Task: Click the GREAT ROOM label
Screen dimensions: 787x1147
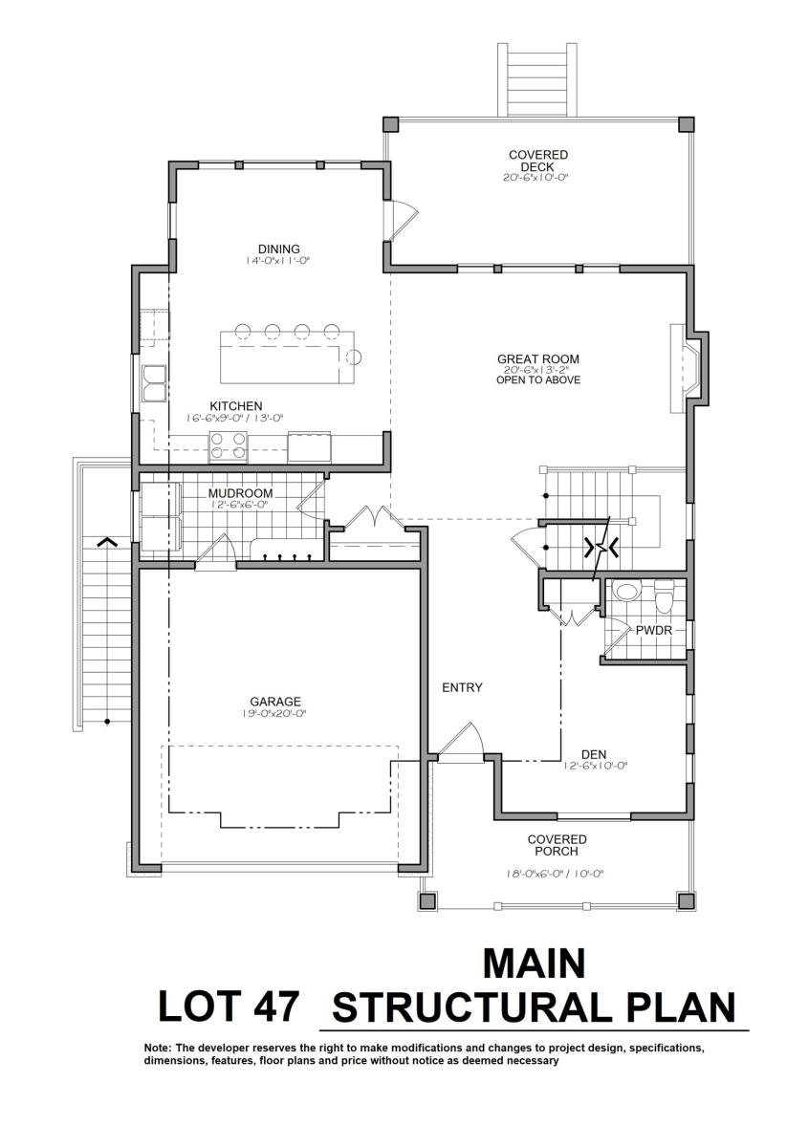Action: tap(538, 359)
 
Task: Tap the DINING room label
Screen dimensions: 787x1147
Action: tap(278, 249)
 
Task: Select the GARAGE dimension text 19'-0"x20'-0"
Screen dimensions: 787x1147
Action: tap(275, 713)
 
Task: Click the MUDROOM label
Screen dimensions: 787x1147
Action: tap(240, 493)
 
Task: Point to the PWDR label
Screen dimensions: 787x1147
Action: tap(654, 630)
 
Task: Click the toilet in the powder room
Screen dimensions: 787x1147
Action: tap(664, 596)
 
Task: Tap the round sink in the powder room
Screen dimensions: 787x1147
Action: tap(626, 592)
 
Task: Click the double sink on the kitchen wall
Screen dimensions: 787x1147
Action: tap(154, 383)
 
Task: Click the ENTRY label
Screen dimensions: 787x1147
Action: tap(462, 687)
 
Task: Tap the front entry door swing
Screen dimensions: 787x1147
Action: tap(461, 742)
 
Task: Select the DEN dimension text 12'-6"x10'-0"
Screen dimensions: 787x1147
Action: tap(595, 766)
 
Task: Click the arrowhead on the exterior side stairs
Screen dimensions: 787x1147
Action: tap(107, 541)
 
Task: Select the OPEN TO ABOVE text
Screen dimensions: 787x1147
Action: tap(538, 380)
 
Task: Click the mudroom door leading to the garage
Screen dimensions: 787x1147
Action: tap(216, 551)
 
